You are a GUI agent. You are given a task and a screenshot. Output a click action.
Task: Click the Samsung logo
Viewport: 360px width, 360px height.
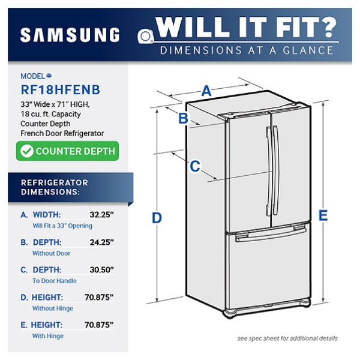click(70, 35)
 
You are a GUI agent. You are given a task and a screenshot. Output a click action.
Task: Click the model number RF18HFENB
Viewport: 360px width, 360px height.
click(60, 90)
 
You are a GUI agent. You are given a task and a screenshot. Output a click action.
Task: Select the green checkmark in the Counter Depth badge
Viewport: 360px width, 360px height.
click(27, 151)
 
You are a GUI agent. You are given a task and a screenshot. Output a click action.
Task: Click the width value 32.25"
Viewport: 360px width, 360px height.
click(102, 214)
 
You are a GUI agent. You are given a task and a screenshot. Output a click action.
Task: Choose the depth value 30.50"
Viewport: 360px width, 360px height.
click(102, 269)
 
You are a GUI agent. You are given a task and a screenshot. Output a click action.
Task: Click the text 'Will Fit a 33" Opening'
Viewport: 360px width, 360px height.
click(62, 226)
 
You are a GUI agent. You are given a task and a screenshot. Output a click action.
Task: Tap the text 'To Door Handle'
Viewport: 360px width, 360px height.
click(55, 281)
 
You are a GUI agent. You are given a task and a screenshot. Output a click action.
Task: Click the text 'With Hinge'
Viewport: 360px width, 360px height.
click(47, 336)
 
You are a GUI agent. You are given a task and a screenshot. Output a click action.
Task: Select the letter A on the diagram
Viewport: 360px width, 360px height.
click(206, 91)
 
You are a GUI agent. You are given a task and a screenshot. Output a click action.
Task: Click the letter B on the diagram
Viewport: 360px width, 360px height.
click(184, 118)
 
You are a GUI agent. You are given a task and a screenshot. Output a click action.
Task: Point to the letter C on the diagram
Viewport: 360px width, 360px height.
click(195, 166)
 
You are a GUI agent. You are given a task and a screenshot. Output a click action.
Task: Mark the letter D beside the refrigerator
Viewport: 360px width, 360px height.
click(157, 218)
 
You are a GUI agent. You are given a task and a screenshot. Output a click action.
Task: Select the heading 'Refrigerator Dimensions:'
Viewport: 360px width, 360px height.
click(55, 187)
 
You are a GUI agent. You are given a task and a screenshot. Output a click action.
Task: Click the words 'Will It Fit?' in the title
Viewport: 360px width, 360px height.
click(245, 27)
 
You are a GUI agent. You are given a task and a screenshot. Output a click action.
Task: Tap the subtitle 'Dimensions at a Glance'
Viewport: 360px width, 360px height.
click(246, 50)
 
